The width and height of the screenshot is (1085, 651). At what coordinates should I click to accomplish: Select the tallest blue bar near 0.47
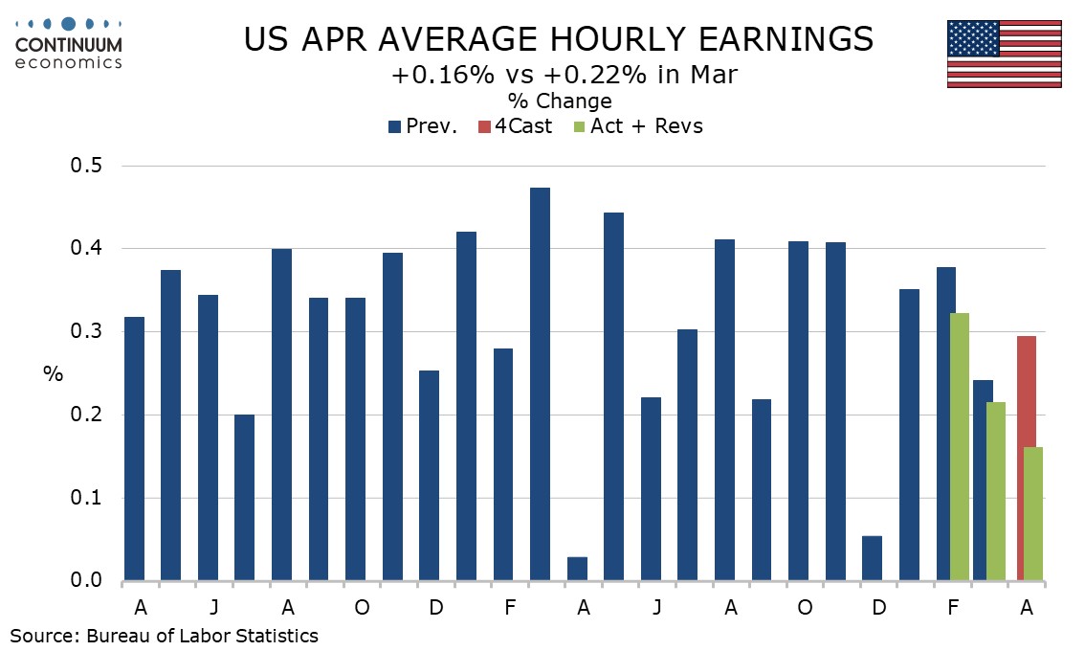540,384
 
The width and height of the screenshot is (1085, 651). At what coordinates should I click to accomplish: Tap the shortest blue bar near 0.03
577,569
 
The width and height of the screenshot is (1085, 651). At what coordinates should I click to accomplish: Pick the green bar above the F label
959,447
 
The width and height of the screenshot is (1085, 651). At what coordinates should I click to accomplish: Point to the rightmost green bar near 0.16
1033,514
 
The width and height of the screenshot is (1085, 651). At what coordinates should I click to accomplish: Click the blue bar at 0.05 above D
872,558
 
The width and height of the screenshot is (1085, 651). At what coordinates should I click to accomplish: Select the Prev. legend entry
423,126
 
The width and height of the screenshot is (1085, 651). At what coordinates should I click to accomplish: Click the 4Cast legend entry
515,126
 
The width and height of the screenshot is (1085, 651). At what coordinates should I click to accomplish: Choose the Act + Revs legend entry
638,126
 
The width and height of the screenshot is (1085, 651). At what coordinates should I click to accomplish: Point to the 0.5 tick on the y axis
86,166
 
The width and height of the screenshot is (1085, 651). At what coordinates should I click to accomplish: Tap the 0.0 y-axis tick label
86,580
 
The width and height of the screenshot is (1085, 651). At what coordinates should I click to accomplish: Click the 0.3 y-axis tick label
86,331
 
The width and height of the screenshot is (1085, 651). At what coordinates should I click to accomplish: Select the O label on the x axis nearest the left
362,607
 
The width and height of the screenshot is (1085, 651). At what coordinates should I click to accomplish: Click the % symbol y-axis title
54,374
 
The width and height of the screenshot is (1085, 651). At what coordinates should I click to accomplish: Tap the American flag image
1004,54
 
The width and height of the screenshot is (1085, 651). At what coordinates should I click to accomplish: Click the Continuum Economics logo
69,43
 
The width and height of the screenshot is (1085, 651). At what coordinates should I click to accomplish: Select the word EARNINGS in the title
786,39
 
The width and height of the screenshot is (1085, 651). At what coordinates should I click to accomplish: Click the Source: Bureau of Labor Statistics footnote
164,636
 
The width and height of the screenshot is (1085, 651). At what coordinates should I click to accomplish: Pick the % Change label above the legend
560,101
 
